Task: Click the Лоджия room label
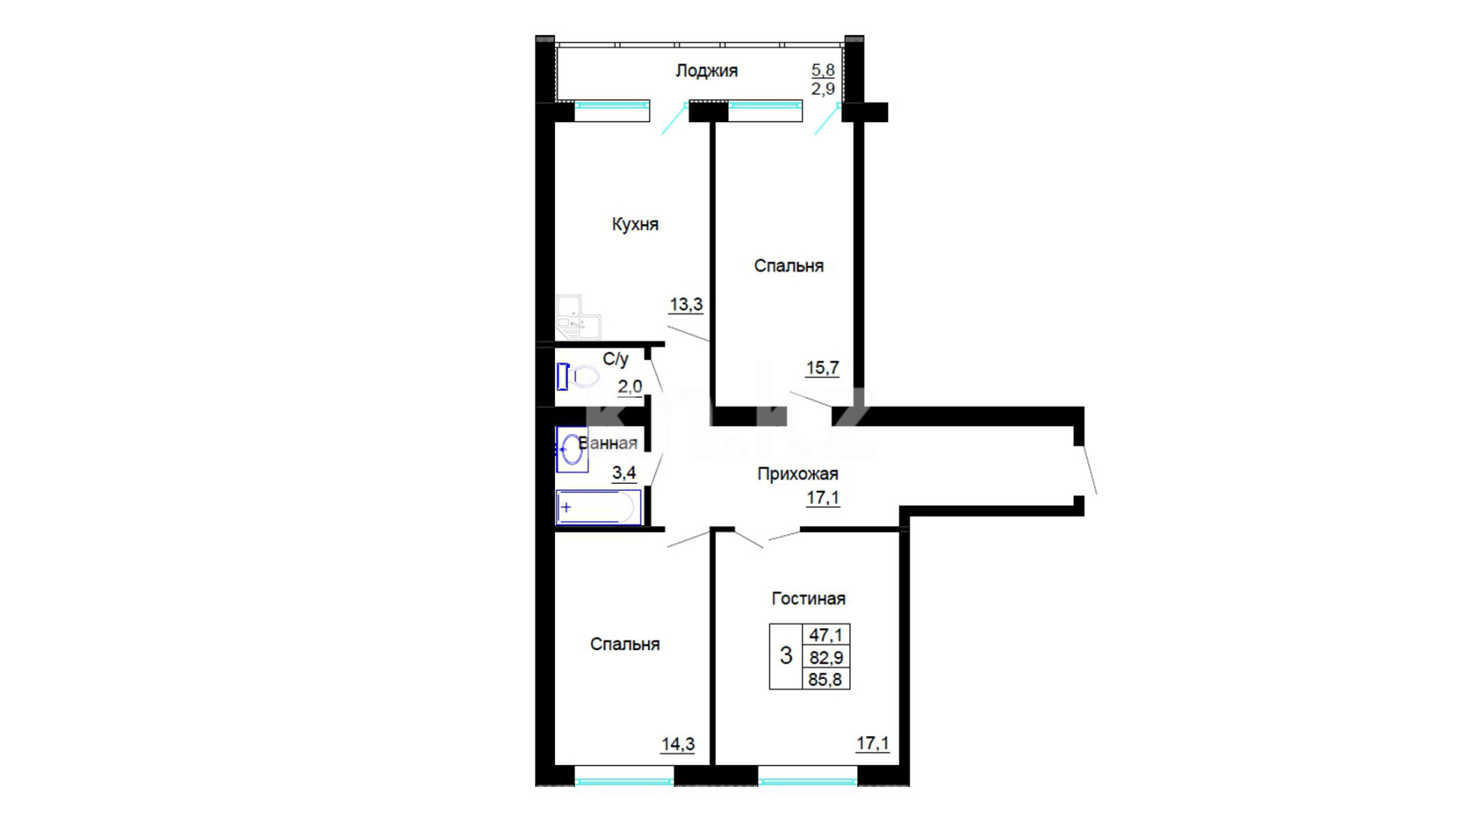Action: point(707,72)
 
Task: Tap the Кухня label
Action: point(635,225)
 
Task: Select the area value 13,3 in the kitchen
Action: point(686,305)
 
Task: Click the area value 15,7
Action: point(823,368)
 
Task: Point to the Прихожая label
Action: point(797,474)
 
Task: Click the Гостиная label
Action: point(808,599)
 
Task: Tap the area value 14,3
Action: point(678,744)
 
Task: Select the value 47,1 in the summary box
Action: point(826,635)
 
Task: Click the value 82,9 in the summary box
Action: point(826,657)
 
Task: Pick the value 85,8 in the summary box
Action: point(826,679)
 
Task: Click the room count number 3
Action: point(786,655)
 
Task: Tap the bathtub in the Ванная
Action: point(598,508)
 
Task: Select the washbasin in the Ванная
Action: point(572,450)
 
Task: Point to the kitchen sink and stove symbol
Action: point(578,317)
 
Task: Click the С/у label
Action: point(615,359)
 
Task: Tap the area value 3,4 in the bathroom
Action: point(624,473)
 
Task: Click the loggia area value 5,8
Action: point(823,70)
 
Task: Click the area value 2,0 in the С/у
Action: point(630,387)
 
